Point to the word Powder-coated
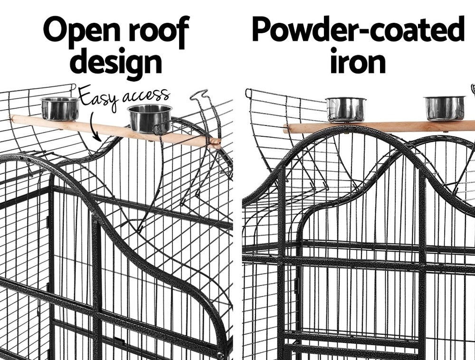pyautogui.click(x=358, y=29)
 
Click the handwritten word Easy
pyautogui.click(x=98, y=96)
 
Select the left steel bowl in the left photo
pyautogui.click(x=60, y=108)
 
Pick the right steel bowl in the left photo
pyautogui.click(x=150, y=119)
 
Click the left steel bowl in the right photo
pyautogui.click(x=346, y=109)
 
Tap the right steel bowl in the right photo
pyautogui.click(x=445, y=108)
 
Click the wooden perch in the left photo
pyautogui.click(x=115, y=131)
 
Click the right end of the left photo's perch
pyautogui.click(x=220, y=143)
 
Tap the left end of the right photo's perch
pyautogui.click(x=285, y=129)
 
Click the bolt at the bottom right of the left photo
pyautogui.click(x=220, y=355)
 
